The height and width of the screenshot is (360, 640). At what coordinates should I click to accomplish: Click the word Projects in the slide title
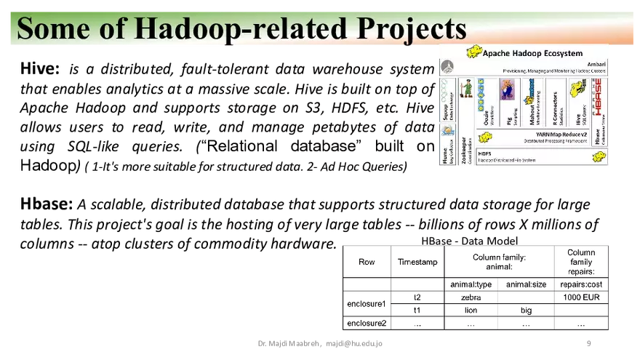tap(411, 28)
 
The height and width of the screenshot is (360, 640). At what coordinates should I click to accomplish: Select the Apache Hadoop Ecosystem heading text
tap(532, 53)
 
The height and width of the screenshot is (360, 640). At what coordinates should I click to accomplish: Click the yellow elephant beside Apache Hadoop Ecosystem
tap(473, 52)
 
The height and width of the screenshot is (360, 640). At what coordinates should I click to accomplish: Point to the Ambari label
tap(596, 64)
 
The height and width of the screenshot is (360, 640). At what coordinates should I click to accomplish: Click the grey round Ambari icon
tap(447, 67)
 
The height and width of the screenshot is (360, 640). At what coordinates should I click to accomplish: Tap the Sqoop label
tap(446, 113)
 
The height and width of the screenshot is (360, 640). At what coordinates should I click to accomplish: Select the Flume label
tap(446, 155)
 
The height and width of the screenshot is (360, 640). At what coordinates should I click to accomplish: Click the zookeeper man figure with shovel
tap(465, 89)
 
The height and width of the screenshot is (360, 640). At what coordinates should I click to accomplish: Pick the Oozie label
tap(485, 119)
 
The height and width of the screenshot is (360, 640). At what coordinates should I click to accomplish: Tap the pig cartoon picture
tap(507, 89)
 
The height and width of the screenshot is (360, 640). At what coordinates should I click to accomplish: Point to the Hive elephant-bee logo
tap(577, 88)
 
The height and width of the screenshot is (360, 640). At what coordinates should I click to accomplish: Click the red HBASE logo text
tap(598, 97)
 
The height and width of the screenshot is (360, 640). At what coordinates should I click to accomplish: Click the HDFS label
tap(484, 153)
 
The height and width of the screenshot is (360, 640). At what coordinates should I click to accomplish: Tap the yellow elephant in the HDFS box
tap(599, 156)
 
